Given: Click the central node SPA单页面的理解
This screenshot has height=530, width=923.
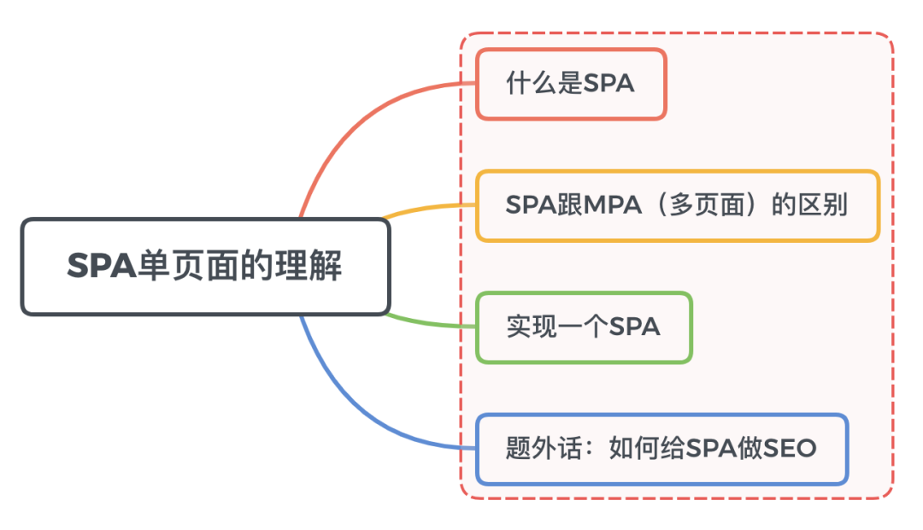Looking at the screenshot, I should click(205, 267).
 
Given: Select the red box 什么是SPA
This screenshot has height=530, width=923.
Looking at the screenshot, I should click(571, 84).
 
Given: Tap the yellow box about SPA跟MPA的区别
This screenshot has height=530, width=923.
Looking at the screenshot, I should click(677, 206).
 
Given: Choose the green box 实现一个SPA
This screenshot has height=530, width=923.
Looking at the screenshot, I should click(584, 327).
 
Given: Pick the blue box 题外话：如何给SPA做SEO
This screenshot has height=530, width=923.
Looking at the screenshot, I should click(661, 449).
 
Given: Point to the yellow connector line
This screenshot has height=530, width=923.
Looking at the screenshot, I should click(427, 207).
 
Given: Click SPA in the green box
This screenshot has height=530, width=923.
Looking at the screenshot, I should click(634, 327).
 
